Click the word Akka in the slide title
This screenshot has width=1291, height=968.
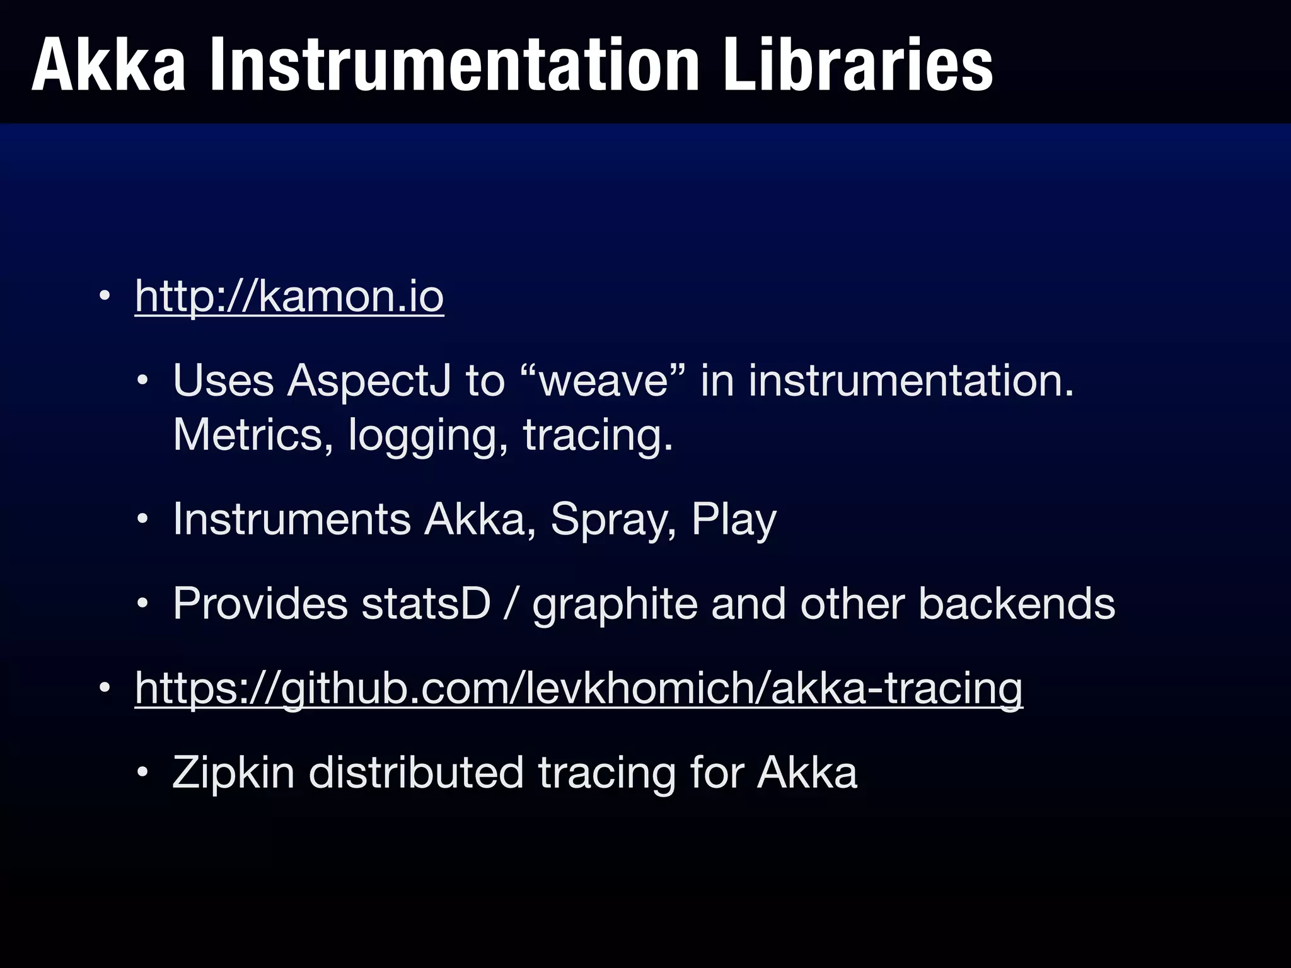click(x=108, y=66)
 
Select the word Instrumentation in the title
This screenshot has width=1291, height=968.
click(x=454, y=66)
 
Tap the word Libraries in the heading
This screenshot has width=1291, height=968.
click(x=858, y=66)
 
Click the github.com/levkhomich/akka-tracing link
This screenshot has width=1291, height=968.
click(x=579, y=688)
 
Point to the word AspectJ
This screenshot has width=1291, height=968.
click(x=369, y=381)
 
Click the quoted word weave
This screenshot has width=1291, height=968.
click(x=604, y=381)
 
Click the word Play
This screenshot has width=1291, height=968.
click(x=734, y=521)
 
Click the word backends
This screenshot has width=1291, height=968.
click(x=1017, y=604)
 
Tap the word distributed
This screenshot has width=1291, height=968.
click(x=416, y=773)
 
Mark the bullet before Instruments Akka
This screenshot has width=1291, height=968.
click(x=143, y=520)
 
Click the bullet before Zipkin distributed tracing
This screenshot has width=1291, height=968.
click(x=143, y=773)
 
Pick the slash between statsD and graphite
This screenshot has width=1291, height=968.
click(x=512, y=604)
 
